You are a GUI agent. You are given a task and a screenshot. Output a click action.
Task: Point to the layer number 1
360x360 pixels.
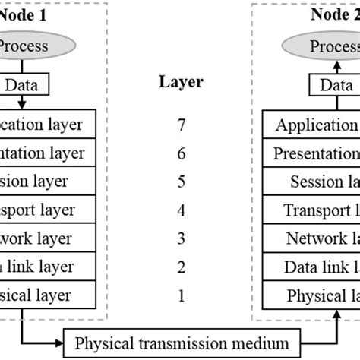click(x=180, y=295)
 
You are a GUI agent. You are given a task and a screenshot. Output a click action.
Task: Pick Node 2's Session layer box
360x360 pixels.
click(x=311, y=182)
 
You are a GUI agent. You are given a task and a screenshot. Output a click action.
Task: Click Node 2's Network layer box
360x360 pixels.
click(x=311, y=238)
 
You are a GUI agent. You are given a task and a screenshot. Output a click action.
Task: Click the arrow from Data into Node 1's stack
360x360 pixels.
click(x=22, y=103)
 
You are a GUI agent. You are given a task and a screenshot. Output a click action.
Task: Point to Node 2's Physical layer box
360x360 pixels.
click(x=311, y=295)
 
